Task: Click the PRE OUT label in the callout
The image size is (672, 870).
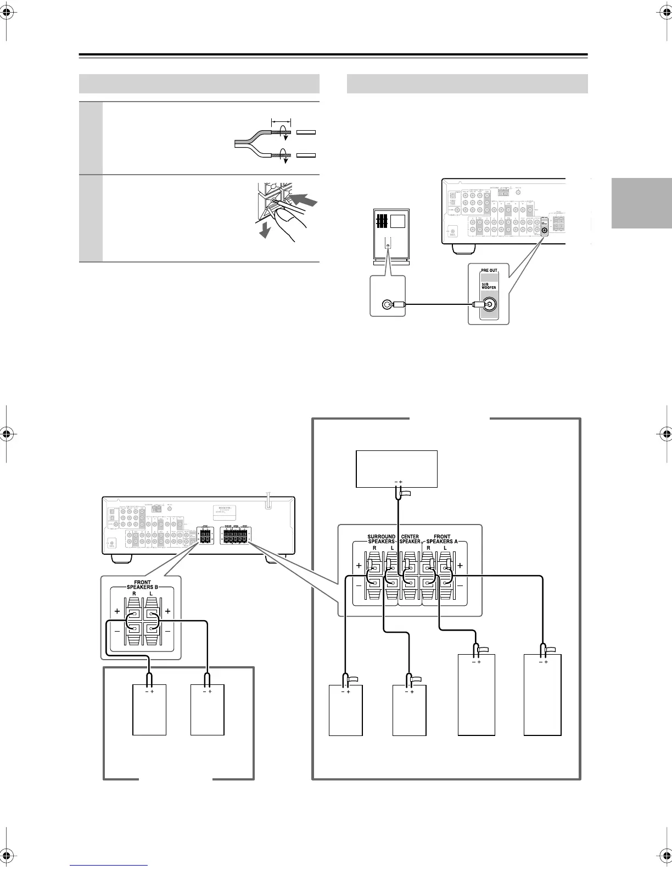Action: pyautogui.click(x=489, y=271)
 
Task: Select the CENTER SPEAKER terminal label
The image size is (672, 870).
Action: pyautogui.click(x=410, y=539)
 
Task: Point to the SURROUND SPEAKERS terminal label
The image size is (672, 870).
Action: pyautogui.click(x=381, y=539)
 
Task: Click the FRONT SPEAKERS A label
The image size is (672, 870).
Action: pyautogui.click(x=441, y=539)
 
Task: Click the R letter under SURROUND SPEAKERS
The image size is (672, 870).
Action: pyautogui.click(x=374, y=548)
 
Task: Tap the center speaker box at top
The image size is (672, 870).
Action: pyautogui.click(x=397, y=469)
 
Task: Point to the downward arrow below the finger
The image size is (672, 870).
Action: pyautogui.click(x=265, y=232)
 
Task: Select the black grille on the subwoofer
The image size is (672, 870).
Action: pyautogui.click(x=382, y=221)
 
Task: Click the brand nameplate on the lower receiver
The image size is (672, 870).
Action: pyautogui.click(x=226, y=511)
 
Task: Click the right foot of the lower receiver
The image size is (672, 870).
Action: pyautogui.click(x=276, y=559)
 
